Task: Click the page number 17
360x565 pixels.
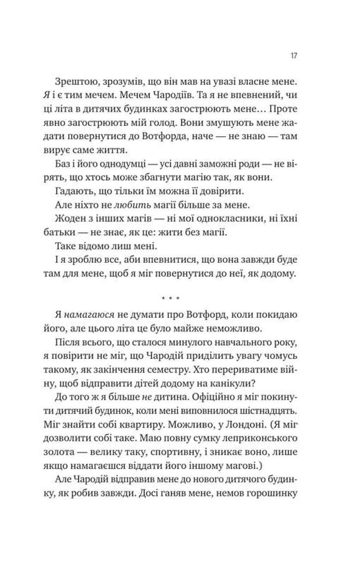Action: [x=294, y=56]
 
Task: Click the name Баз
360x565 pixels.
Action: [x=63, y=164]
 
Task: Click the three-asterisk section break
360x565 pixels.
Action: [x=171, y=299]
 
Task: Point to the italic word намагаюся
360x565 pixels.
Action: [x=89, y=315]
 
